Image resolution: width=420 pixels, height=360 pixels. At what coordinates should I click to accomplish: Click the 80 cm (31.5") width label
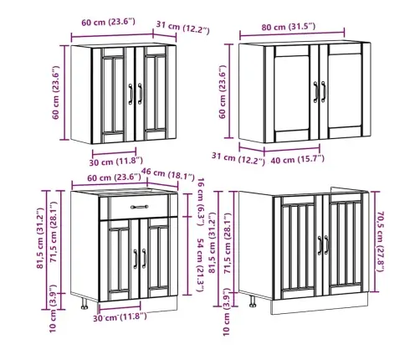(x=289, y=27)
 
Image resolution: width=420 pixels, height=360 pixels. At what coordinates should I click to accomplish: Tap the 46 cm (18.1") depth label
(x=168, y=174)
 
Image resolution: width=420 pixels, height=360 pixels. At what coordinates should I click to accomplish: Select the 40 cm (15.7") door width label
(x=298, y=160)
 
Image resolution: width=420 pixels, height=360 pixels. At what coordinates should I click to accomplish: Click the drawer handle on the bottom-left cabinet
(x=140, y=207)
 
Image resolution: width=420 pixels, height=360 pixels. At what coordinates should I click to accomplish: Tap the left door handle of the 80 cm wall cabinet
(x=315, y=92)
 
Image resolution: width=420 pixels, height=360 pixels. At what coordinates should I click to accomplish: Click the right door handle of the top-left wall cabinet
(x=140, y=94)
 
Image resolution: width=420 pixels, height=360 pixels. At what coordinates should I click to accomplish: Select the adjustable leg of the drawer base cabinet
(x=85, y=303)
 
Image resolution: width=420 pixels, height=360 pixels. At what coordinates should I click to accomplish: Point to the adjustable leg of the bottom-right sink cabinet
(x=253, y=301)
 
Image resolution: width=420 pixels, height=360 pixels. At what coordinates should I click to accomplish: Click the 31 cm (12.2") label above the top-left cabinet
(x=182, y=27)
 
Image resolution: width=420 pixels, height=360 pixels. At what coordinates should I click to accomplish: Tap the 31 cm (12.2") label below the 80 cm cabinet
(x=238, y=158)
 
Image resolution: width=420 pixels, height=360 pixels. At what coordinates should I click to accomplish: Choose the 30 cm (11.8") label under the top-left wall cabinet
(x=116, y=162)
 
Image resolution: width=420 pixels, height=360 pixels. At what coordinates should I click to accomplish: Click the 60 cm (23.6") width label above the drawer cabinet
(x=114, y=177)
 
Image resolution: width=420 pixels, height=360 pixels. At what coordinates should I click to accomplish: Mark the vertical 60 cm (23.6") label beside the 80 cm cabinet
(x=223, y=92)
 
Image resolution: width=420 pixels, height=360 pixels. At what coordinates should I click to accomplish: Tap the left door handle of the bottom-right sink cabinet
(x=320, y=245)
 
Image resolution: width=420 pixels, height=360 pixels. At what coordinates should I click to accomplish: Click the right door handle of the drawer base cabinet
(x=144, y=259)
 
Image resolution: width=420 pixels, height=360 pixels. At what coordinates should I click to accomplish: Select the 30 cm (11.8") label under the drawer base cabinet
(x=120, y=317)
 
